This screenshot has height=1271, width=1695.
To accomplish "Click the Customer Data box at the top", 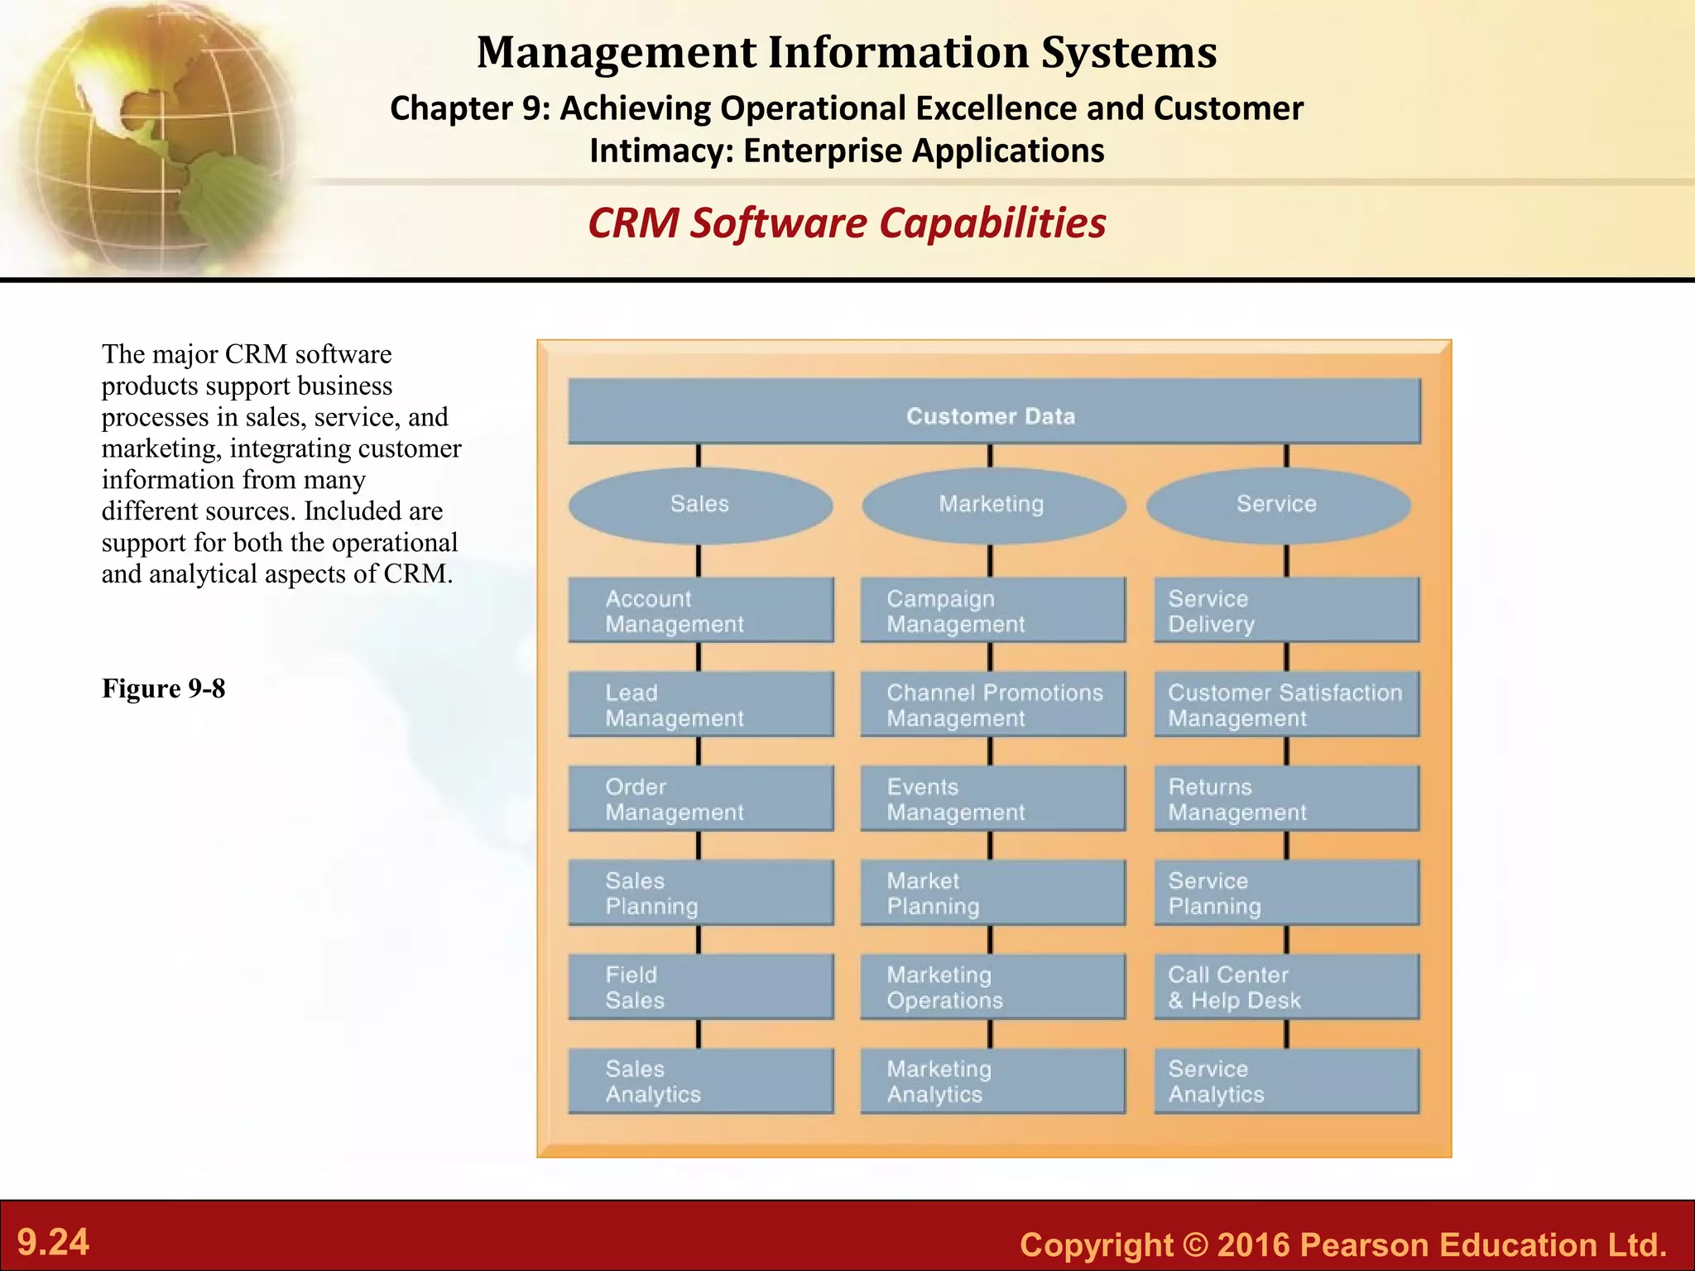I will pyautogui.click(x=993, y=411).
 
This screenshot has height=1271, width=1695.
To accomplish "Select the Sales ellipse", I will pyautogui.click(x=700, y=505).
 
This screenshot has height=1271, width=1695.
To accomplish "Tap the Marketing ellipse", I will pyautogui.click(x=992, y=505).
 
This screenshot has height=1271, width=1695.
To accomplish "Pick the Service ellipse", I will pyautogui.click(x=1277, y=505).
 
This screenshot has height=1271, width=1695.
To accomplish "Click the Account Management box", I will pyautogui.click(x=700, y=610).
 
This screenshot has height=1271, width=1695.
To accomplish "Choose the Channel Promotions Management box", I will pyautogui.click(x=992, y=704).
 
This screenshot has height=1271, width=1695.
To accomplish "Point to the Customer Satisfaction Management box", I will pyautogui.click(x=1286, y=704).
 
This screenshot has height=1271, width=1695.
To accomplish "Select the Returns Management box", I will pyautogui.click(x=1286, y=799).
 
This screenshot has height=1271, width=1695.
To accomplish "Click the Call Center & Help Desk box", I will pyautogui.click(x=1286, y=986).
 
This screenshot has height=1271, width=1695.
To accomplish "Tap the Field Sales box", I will pyautogui.click(x=700, y=986).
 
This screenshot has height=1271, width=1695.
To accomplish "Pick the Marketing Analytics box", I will pyautogui.click(x=992, y=1081).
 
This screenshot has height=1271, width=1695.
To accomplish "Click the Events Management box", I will pyautogui.click(x=992, y=799).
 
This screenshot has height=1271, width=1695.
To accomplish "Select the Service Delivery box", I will pyautogui.click(x=1286, y=610).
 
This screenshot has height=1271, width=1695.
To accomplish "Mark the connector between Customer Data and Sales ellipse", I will pyautogui.click(x=699, y=456).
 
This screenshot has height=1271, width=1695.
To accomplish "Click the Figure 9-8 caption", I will pyautogui.click(x=163, y=688).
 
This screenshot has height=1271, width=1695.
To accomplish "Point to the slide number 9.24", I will pyautogui.click(x=53, y=1242).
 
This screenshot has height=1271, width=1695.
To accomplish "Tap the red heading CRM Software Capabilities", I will pyautogui.click(x=847, y=223).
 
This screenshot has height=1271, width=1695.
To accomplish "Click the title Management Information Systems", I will pyautogui.click(x=847, y=52).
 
